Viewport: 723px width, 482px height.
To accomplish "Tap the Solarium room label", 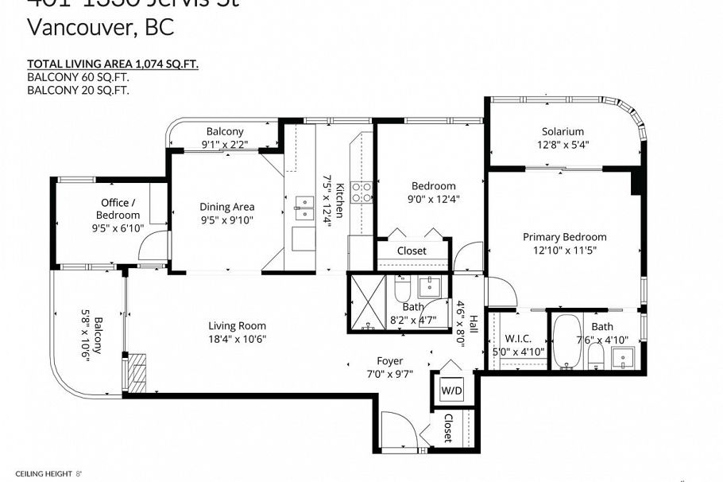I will [x=563, y=131].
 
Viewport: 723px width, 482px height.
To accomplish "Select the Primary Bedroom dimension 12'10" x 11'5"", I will [x=564, y=251].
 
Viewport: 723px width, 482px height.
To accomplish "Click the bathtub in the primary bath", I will [x=567, y=343].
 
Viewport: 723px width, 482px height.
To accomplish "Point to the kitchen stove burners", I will [x=361, y=192].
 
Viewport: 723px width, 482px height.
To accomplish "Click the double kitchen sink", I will [x=304, y=208].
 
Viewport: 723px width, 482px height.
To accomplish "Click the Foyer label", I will [x=389, y=360].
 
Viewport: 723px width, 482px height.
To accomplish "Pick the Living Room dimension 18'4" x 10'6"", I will [x=237, y=339].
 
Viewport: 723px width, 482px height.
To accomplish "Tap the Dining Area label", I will [x=226, y=207].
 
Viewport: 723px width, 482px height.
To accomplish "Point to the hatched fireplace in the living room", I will [x=138, y=371].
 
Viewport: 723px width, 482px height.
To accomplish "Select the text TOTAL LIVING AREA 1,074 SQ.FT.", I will [x=112, y=64].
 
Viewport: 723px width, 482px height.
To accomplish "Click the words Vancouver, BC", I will [x=100, y=27].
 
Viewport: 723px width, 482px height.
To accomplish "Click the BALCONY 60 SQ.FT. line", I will [x=78, y=77].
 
